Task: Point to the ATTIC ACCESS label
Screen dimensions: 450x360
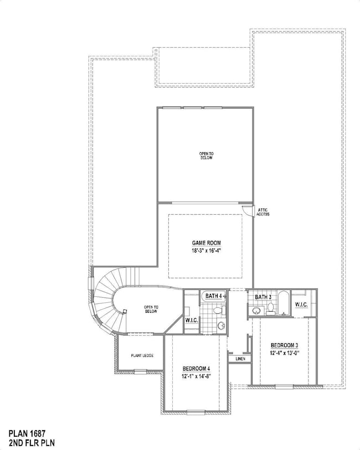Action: [x=263, y=212]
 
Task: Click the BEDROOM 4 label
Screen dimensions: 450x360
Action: [x=196, y=369]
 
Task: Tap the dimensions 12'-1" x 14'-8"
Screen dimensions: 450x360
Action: [x=196, y=376]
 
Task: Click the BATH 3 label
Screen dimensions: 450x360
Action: [x=263, y=297]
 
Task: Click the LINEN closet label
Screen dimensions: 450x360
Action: [x=240, y=359]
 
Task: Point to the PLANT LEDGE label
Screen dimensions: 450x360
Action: [x=142, y=355]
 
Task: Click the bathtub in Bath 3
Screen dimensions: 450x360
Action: [x=282, y=304]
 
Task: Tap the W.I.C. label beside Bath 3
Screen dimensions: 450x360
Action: [x=301, y=304]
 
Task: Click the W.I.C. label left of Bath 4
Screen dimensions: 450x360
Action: [x=191, y=320]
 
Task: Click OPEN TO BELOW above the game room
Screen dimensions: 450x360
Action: [x=206, y=156]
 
